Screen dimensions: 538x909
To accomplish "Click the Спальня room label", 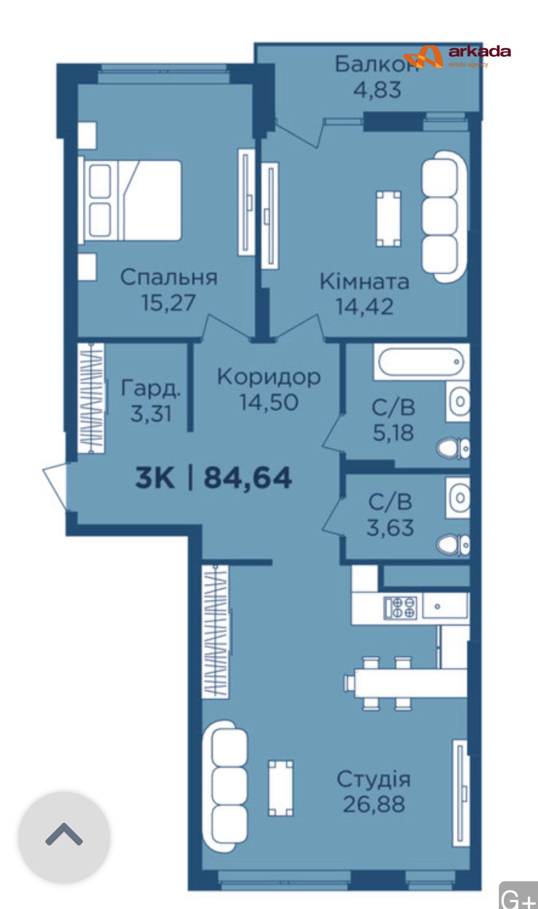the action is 169,277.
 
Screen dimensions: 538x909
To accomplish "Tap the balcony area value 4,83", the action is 377,90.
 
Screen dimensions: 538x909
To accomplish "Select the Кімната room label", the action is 364,282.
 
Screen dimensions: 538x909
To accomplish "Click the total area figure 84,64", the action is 248,478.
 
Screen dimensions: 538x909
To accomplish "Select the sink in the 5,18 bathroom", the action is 458,401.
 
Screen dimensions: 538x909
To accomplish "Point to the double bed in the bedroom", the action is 130,201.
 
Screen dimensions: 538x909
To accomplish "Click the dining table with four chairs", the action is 406,683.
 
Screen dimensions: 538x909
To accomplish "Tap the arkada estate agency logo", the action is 456,56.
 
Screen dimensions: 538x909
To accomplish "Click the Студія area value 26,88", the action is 374,804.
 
